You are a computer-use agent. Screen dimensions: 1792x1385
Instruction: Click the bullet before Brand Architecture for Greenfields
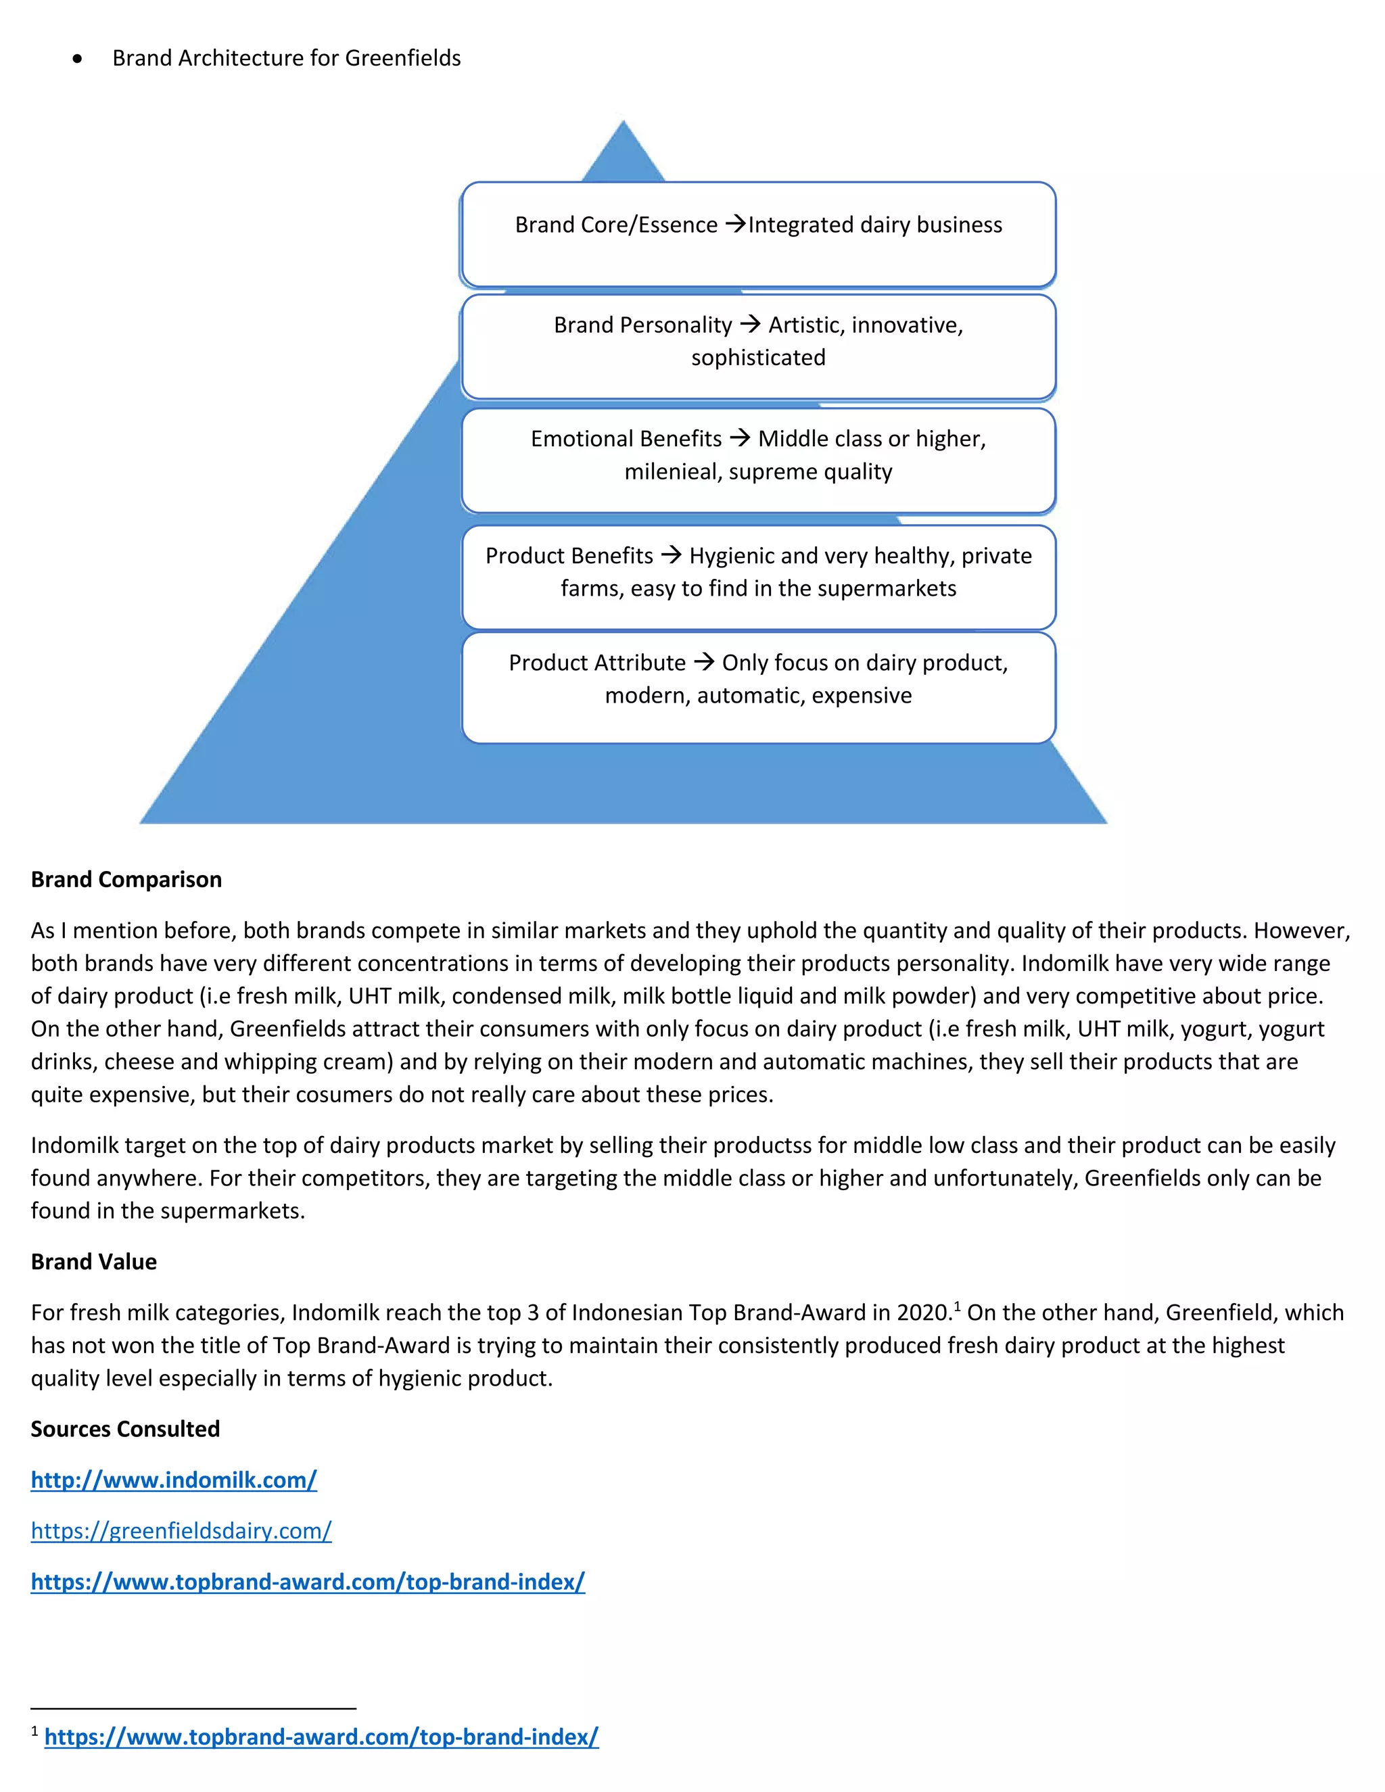coord(77,59)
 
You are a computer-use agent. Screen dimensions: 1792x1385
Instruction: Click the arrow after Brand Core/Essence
coord(736,224)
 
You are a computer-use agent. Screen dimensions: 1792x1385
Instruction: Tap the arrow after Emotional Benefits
coord(740,438)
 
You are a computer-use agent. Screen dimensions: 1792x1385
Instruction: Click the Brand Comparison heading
coord(126,879)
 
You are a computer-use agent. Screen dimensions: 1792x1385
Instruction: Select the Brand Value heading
coord(93,1261)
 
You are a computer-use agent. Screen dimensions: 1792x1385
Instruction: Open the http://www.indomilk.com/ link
coord(173,1480)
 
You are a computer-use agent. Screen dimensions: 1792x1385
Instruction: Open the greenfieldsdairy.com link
coord(181,1530)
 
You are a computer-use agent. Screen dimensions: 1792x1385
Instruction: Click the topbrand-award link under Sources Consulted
coord(308,1581)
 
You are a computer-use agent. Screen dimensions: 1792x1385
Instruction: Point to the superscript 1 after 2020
coord(957,1305)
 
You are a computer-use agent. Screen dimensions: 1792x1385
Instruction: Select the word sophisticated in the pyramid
coord(758,358)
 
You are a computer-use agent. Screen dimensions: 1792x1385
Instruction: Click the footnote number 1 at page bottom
coord(34,1732)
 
